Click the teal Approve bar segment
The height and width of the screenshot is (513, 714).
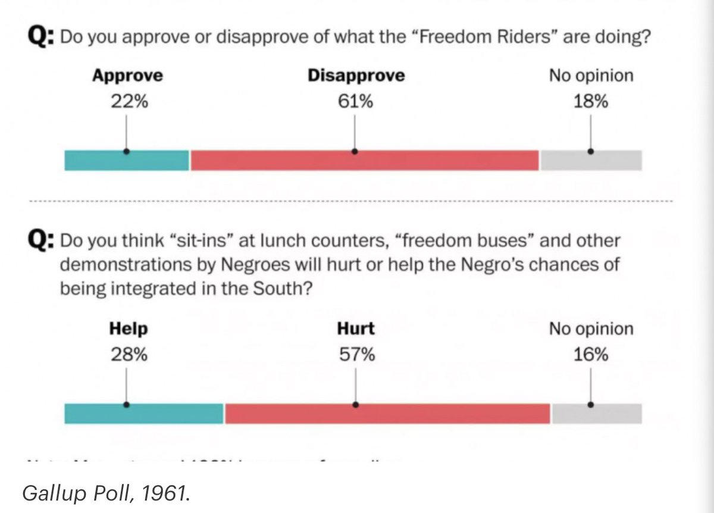coord(127,160)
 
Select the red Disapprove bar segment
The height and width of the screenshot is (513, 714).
coord(364,160)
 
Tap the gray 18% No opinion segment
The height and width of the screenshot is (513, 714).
coord(591,160)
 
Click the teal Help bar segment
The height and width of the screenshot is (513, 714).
coord(144,413)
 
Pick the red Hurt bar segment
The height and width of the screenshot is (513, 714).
coord(387,413)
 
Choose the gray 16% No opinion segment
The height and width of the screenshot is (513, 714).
coord(597,413)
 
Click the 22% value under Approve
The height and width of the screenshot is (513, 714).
coord(127,102)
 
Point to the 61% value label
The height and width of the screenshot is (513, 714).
coord(355,102)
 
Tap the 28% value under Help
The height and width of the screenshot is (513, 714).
coord(128,355)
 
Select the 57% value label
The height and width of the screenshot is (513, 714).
coord(355,355)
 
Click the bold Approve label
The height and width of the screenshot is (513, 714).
coord(127,76)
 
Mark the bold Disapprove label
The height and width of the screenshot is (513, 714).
coord(356,76)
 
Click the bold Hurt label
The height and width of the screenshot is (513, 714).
coord(356,329)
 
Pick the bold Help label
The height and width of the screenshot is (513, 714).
coord(128,329)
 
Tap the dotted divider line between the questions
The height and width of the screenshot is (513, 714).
coord(351,201)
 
